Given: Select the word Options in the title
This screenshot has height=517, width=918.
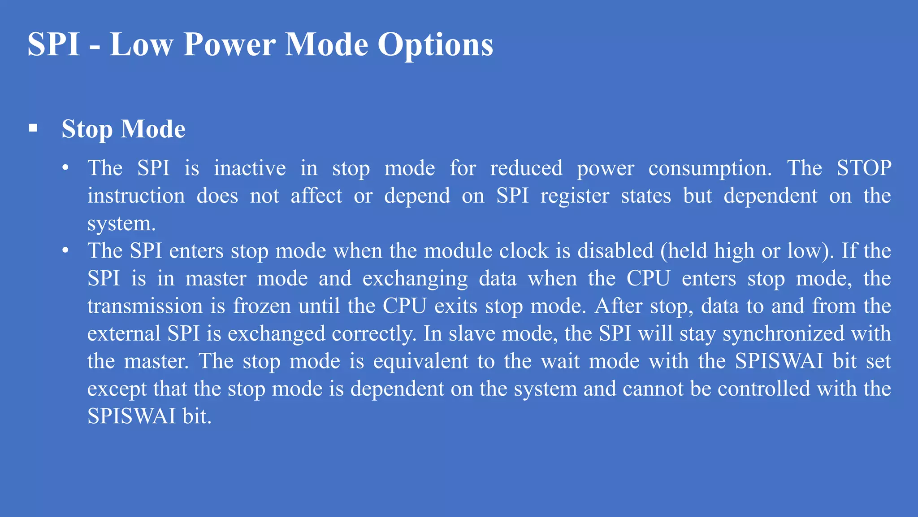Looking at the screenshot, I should [435, 44].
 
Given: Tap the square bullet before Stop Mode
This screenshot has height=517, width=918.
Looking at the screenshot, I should [33, 129].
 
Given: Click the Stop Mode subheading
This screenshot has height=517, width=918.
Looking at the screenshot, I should [123, 129].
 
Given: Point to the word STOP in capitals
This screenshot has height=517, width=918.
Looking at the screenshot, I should [864, 168].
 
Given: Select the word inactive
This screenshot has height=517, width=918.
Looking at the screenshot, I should [250, 168].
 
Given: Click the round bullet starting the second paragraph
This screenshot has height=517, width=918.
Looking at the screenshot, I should [65, 250].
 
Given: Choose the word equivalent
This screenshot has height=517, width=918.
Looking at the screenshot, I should [420, 361].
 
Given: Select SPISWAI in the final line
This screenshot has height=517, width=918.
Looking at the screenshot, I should [131, 416].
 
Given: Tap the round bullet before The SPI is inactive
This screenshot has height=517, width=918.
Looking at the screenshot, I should [65, 168].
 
